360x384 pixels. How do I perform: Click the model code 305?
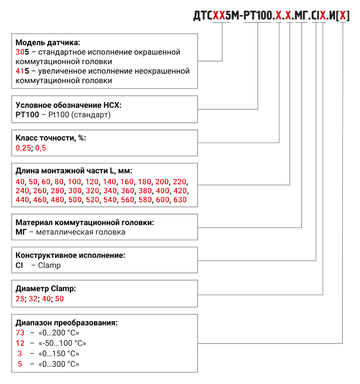pyautogui.click(x=22, y=52)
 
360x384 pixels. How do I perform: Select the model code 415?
pyautogui.click(x=22, y=71)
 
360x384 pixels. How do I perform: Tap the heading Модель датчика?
pyautogui.click(x=48, y=43)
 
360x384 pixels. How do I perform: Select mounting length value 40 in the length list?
pyautogui.click(x=20, y=182)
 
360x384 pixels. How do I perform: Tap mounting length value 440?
pyautogui.click(x=22, y=200)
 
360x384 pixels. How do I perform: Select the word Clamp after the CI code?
pyautogui.click(x=49, y=265)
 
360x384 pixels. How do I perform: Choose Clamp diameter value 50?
pyautogui.click(x=59, y=298)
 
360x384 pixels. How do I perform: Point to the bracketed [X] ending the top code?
pyautogui.click(x=343, y=16)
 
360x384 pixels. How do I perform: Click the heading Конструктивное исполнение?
pyautogui.click(x=70, y=255)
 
